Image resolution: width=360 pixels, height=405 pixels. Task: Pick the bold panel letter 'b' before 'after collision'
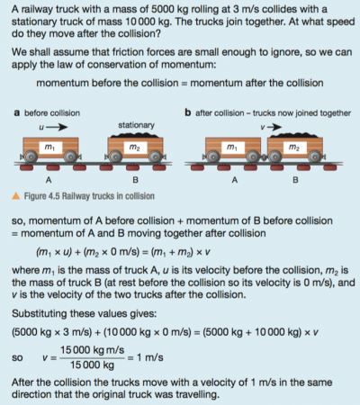[x=186, y=113]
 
